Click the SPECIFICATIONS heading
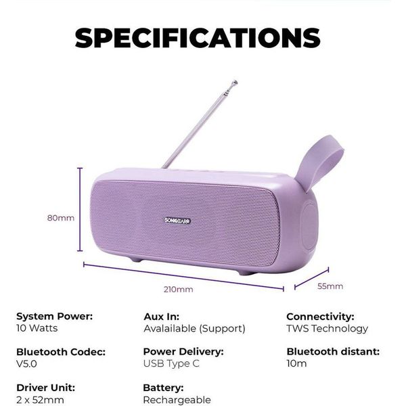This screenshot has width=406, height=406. pos(198,38)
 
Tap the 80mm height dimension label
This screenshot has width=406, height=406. pos(61,218)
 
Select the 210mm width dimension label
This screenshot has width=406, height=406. pos(178,289)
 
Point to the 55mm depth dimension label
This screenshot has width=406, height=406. pos(330,286)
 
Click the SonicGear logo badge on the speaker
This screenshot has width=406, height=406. pos(177,221)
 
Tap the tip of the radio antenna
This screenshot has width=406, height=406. pos(235,83)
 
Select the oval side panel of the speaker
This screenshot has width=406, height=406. pos(310,226)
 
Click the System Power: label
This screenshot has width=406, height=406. pos(54,316)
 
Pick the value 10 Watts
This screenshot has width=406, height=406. pos(37,328)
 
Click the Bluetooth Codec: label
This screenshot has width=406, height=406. pos(61,352)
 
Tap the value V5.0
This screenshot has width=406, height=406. pos(26,364)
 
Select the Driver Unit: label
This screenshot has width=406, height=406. pos(45,388)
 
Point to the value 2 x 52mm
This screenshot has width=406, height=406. pos(40,400)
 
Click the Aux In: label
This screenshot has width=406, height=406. pos(161,317)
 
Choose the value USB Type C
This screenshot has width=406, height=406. pos(171,363)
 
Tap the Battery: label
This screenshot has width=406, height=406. pos(163,388)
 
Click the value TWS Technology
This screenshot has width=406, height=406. pos(327,328)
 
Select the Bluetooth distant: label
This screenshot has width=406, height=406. pos(333,351)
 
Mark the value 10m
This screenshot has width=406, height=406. pos(296,363)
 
